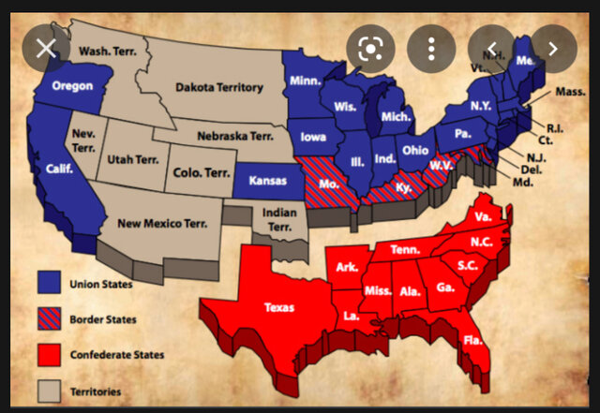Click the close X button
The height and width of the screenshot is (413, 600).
[46, 49]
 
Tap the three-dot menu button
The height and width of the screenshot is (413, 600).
[430, 49]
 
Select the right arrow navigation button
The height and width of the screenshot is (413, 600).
[553, 49]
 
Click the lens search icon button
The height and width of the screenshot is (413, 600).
[370, 49]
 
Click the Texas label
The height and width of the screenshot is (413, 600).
[279, 306]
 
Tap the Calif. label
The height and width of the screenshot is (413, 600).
[59, 170]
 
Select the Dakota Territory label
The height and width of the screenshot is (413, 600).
[215, 87]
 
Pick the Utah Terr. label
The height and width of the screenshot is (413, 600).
[133, 160]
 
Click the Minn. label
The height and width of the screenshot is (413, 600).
[305, 81]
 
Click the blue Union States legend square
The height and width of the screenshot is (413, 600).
[50, 282]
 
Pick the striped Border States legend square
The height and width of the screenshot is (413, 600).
[50, 318]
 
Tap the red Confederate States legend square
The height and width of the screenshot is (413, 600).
[50, 355]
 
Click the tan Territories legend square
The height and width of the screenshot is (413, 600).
[50, 391]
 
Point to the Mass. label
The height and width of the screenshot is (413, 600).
[569, 91]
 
